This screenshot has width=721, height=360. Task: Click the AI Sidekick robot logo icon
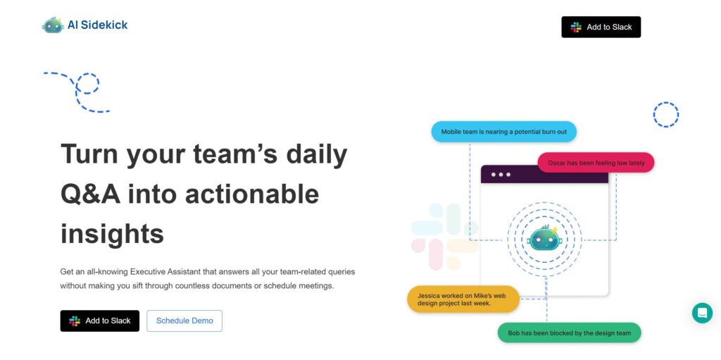coord(52,25)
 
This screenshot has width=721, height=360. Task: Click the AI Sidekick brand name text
coord(97,25)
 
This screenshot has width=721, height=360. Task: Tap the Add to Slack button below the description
coord(100,321)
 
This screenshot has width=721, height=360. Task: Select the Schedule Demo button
coord(184,321)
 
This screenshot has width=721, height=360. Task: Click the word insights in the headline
coord(112,233)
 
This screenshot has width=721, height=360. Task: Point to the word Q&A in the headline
coord(91,194)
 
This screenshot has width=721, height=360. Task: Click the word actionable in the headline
coord(252,194)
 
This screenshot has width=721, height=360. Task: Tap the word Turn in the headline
coord(89,154)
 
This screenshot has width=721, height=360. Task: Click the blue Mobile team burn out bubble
coord(504,132)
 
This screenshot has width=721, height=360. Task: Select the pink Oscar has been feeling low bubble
coord(596,163)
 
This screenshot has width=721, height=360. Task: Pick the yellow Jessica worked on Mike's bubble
coord(463,299)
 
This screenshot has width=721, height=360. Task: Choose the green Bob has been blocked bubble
coord(569,333)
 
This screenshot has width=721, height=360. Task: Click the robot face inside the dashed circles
coord(545,238)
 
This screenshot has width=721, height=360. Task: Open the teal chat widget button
coord(702,313)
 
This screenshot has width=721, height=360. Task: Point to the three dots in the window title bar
coord(501,175)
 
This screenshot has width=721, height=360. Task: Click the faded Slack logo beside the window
coord(444,237)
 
